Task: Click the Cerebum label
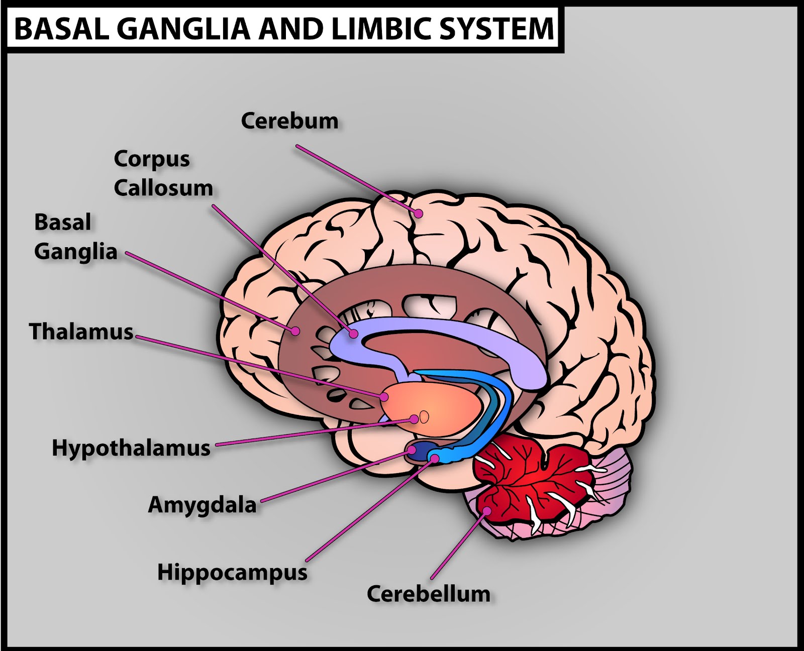point(289,121)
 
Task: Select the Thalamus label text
point(81,332)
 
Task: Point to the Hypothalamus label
point(131,448)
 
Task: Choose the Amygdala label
point(202,505)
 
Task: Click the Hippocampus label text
point(232,572)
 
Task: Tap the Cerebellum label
point(429,594)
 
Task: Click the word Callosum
point(163,188)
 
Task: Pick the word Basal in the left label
point(63,222)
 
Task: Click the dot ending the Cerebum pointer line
point(419,213)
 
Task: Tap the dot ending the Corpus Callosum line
point(354,333)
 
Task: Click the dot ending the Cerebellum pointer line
point(487,511)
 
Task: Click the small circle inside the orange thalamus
point(425,417)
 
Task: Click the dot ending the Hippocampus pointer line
point(434,458)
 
